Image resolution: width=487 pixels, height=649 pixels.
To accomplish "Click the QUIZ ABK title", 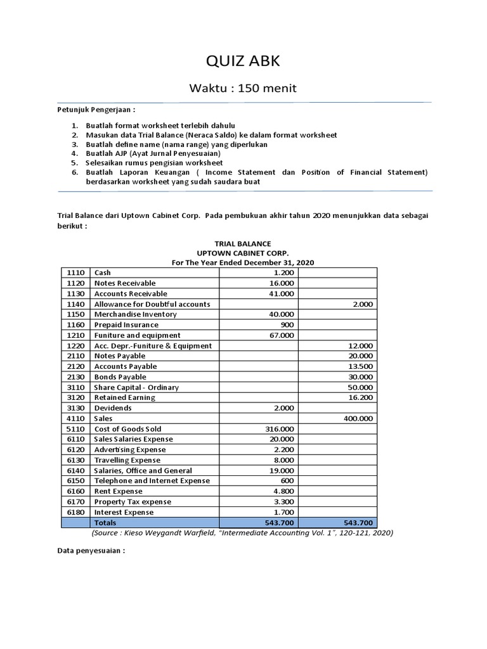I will click(x=243, y=61).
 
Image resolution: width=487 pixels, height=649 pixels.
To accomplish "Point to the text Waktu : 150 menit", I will click(x=243, y=87).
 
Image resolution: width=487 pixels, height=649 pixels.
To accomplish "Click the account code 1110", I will click(x=75, y=273).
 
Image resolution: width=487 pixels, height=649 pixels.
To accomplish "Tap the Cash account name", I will click(x=103, y=273).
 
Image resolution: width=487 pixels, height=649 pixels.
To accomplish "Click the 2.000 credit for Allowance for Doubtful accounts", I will click(x=362, y=304).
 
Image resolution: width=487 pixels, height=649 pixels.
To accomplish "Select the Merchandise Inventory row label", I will click(x=135, y=314).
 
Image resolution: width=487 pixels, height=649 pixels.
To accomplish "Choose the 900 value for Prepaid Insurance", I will click(x=287, y=324).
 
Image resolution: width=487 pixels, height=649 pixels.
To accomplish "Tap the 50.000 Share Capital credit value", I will click(x=360, y=387).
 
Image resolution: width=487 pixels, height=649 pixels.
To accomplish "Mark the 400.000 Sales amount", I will click(x=358, y=418).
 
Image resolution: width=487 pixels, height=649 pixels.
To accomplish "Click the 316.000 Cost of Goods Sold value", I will click(x=279, y=429).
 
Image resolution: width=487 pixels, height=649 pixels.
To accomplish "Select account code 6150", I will click(x=75, y=481).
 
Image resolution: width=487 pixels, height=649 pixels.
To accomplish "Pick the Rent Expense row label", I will click(x=118, y=491).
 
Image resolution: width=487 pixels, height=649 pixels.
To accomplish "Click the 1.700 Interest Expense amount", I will click(x=284, y=512).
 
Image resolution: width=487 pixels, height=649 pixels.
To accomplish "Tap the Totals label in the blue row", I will click(x=106, y=523).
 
